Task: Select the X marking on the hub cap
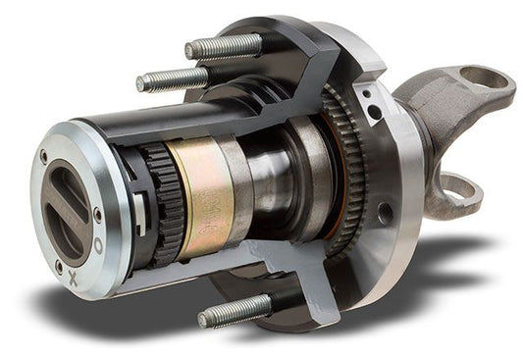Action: tap(74, 280)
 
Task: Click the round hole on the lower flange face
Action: tap(384, 212)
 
